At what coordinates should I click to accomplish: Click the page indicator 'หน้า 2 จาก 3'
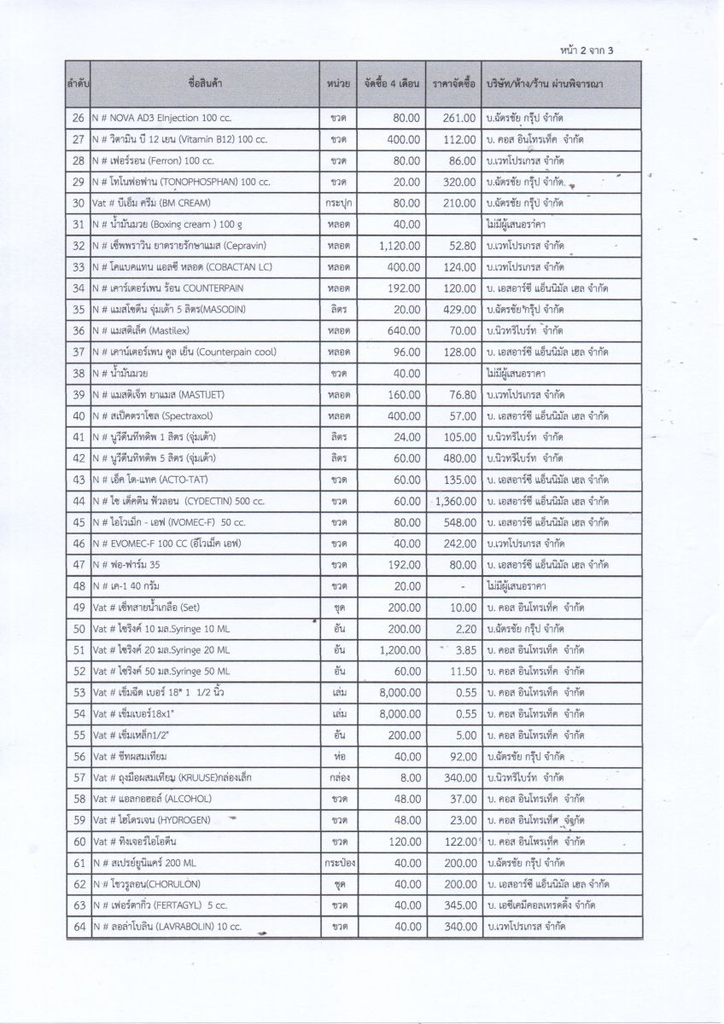(587, 49)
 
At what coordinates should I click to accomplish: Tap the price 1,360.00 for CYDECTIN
(455, 500)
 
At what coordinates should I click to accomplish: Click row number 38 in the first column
(79, 373)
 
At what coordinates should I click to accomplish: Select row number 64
(79, 926)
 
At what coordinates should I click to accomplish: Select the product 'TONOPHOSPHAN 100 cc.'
(188, 181)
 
